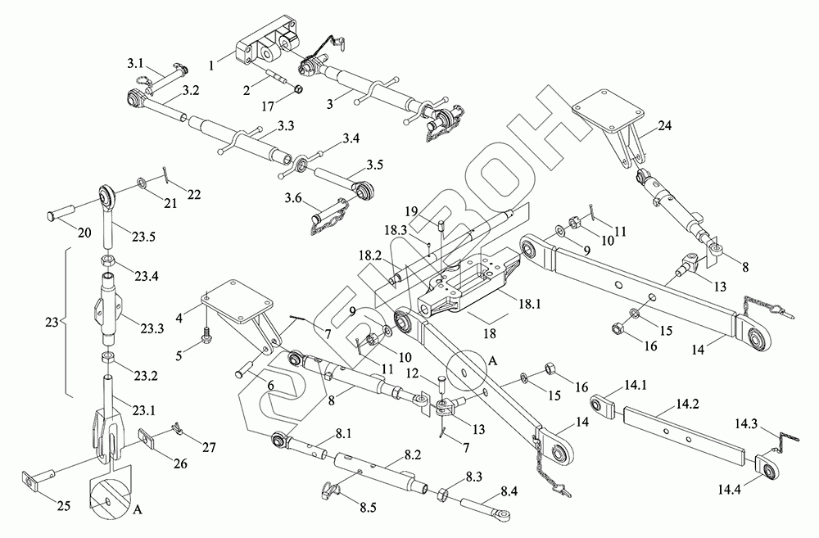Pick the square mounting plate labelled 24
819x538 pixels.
pos(605,111)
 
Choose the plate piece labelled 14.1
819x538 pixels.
pos(603,405)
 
